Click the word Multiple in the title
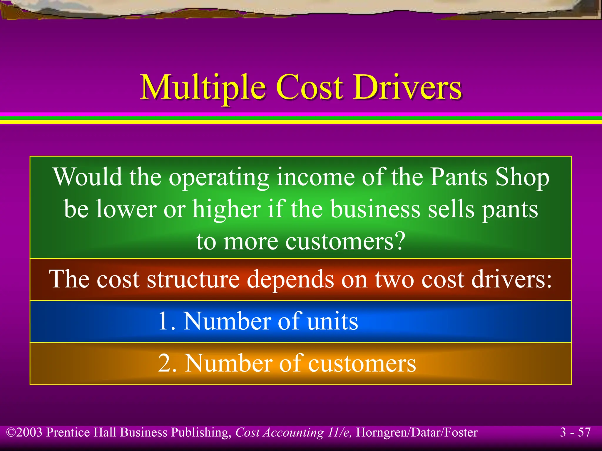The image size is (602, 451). [x=203, y=87]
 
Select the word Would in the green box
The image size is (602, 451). [x=88, y=177]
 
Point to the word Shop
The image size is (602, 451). [x=522, y=177]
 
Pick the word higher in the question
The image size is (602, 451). [x=227, y=209]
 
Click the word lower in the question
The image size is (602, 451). [x=126, y=209]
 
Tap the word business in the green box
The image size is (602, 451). [x=375, y=209]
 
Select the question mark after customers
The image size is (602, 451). [x=400, y=241]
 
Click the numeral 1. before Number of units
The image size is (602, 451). [x=167, y=321]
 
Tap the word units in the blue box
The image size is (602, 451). [x=332, y=321]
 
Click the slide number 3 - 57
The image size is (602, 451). [x=575, y=432]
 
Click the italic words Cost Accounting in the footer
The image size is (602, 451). [x=279, y=433]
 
